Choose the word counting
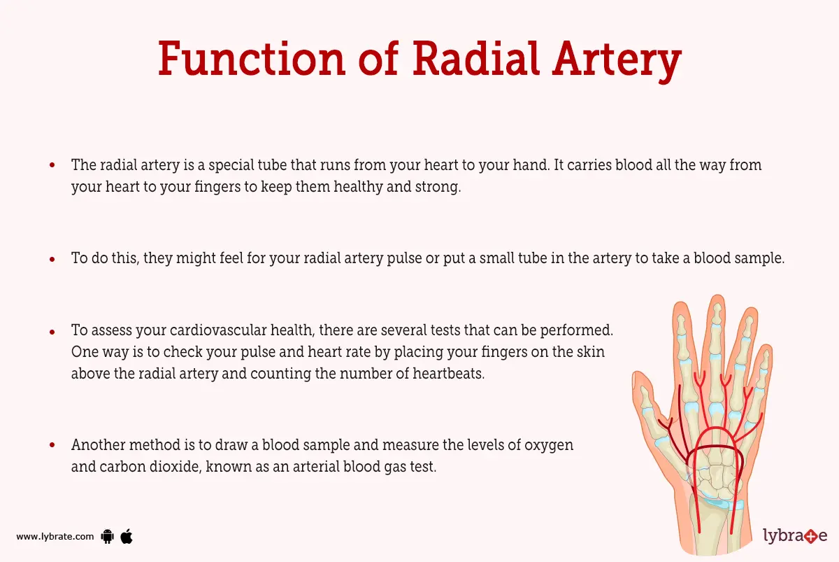point(282,374)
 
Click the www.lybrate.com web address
point(55,537)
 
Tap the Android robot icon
point(107,537)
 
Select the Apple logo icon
point(127,537)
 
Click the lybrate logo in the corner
point(794,537)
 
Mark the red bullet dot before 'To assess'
point(52,330)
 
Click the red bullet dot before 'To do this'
point(52,259)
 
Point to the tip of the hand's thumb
point(638,378)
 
